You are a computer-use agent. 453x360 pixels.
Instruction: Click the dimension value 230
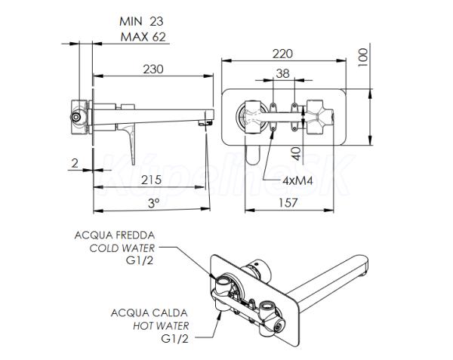coord(153,68)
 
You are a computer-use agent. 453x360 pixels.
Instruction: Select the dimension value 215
coord(151,179)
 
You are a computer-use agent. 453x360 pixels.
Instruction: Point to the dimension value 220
coord(283,54)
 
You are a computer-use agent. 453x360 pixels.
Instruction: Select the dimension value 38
coord(282,74)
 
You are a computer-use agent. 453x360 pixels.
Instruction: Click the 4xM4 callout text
coord(298,180)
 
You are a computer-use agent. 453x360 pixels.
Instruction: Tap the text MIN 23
coord(142,22)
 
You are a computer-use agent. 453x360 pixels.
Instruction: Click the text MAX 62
coord(142,37)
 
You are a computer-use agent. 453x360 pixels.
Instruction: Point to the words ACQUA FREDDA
coord(114,235)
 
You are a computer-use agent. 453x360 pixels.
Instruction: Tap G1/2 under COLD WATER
coord(140,260)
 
